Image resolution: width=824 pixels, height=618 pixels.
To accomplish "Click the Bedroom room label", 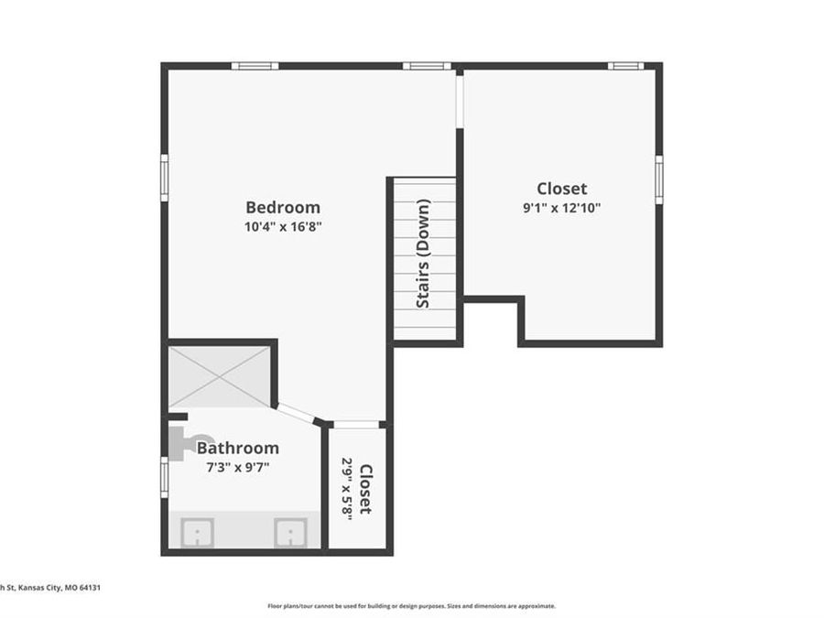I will pos(282,207).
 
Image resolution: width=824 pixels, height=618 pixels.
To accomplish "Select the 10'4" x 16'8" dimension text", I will pos(282,227).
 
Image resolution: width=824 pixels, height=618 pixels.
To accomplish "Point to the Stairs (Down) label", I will pos(423,253).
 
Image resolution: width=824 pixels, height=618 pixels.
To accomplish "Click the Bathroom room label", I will pos(237,448).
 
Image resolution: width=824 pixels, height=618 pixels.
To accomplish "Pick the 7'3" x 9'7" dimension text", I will pos(237,467).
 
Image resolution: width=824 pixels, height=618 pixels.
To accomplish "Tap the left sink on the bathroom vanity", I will pos(197,532).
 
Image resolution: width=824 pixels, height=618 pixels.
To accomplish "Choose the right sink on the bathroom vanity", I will pos(290,532).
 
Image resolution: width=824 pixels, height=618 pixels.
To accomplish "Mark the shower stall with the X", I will pos(219,376).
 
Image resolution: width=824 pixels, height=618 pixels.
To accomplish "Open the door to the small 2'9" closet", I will pos(356,425).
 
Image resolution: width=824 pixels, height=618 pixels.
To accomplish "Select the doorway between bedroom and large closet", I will pos(460,99).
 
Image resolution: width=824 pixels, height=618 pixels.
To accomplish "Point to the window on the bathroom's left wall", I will pos(165,477).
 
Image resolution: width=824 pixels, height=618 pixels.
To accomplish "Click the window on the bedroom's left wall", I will pos(165,177).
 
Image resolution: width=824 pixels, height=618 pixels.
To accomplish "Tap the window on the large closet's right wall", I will pos(658,179).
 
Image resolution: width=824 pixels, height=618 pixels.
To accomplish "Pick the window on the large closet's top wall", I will pos(626,66).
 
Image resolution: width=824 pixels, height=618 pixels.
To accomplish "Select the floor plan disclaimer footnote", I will pos(411,605).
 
